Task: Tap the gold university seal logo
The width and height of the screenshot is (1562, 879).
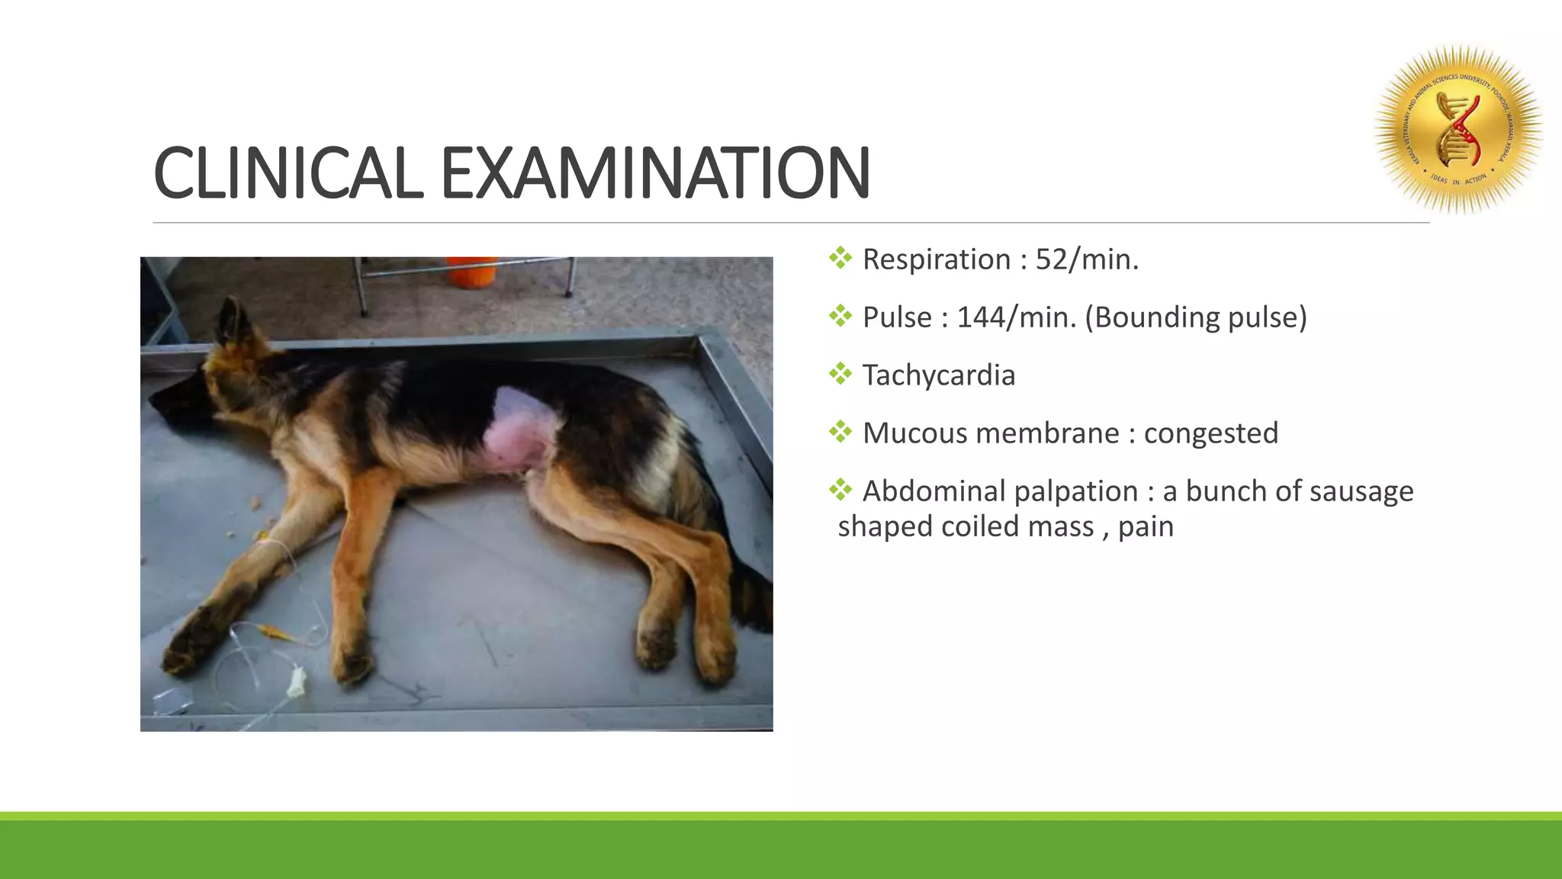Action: [x=1458, y=130]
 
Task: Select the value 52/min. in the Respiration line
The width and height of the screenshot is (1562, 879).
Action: [x=1086, y=260]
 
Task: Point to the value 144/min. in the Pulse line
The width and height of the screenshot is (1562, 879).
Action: [x=1016, y=318]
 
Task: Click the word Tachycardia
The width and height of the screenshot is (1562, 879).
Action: [x=938, y=376]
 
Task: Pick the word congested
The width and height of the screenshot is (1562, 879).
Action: [x=1210, y=434]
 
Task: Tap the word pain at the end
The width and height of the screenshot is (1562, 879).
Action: [x=1146, y=527]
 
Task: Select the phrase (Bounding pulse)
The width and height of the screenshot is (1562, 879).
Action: [x=1195, y=318]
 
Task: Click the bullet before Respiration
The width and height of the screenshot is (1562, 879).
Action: [x=840, y=259]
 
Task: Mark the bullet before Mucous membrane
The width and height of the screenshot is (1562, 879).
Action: [x=840, y=433]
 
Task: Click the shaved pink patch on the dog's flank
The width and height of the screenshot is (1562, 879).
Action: [x=519, y=431]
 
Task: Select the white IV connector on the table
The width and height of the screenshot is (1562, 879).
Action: [x=296, y=681]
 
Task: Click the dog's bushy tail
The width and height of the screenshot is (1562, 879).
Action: [x=751, y=595]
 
